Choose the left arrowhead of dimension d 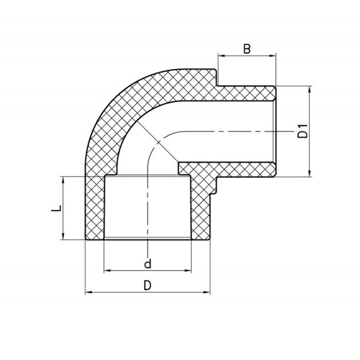pyautogui.click(x=107, y=271)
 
